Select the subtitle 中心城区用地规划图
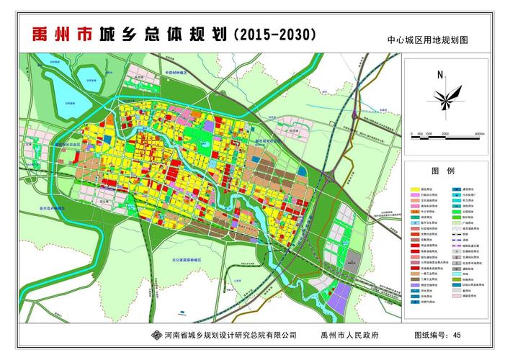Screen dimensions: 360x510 (x=427, y=40)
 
